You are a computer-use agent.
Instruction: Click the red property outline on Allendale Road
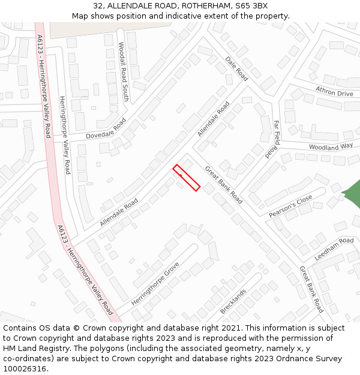point(187,178)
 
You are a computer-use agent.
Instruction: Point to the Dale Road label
point(236,68)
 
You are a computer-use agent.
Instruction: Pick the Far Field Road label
point(273,139)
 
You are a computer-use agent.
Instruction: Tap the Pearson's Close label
point(290,206)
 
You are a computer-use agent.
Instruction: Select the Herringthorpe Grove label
point(155,284)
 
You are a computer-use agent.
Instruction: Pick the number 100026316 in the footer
point(24,368)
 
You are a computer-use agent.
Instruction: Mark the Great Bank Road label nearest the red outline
point(224,185)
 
